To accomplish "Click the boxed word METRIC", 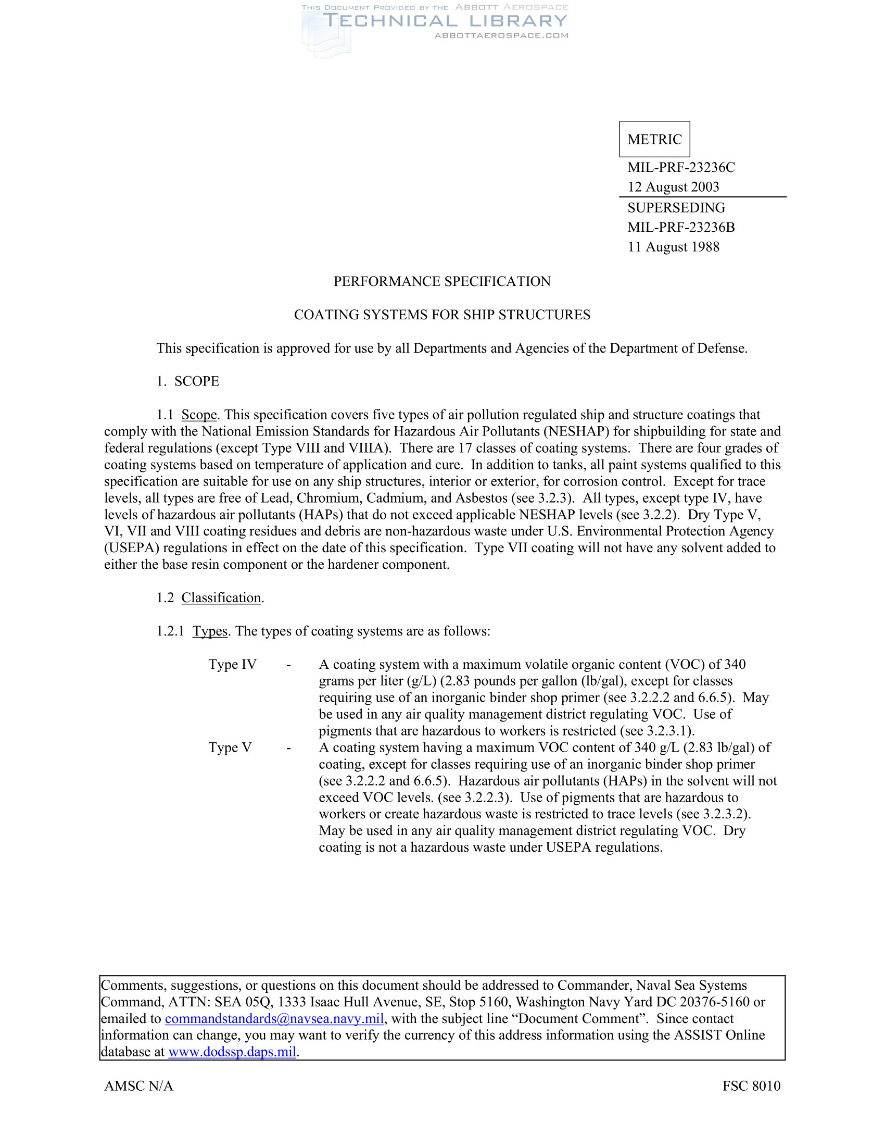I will tap(654, 139).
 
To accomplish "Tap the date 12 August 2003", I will tap(673, 187).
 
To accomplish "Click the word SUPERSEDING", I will tap(676, 208).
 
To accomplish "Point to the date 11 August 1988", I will tap(673, 246).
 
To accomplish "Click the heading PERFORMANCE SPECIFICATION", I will tap(442, 281).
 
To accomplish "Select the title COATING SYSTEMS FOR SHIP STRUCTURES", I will tap(442, 315).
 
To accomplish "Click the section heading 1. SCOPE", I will tap(188, 381).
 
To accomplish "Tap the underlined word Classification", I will tap(221, 597).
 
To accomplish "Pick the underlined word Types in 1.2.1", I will tap(210, 631).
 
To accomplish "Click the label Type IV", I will tap(232, 664).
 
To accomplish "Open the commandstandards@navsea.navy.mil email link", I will tap(274, 1018).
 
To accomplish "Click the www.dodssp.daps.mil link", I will tap(232, 1052).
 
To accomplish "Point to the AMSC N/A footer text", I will tap(138, 1086).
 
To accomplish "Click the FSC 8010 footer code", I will tap(751, 1086).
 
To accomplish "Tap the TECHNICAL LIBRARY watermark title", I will tap(445, 21).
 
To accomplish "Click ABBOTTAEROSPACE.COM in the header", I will tap(501, 35).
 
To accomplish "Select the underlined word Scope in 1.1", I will tap(199, 415).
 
